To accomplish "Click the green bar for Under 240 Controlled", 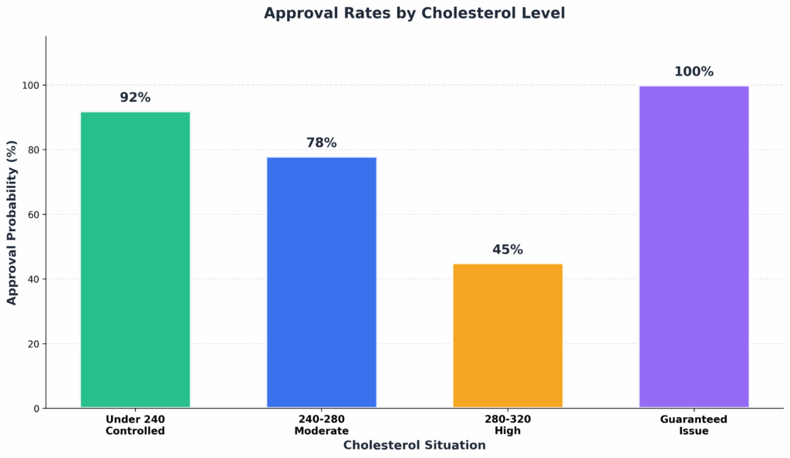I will (x=135, y=260).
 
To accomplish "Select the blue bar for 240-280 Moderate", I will (x=322, y=282).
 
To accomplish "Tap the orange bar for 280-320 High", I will (x=508, y=335).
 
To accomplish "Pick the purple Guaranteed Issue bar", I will (x=694, y=247).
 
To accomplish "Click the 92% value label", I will (x=135, y=98).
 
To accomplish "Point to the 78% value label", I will (x=322, y=143).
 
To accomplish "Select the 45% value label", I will (x=508, y=250).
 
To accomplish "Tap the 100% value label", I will (x=694, y=72).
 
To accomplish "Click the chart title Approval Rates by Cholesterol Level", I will (x=414, y=13).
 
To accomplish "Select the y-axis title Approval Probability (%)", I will (x=12, y=222).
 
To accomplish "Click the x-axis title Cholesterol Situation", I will (x=414, y=445).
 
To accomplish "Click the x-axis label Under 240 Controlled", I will (x=135, y=425).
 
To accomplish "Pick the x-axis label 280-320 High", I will (x=508, y=425).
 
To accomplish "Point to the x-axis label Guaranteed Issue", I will (x=694, y=425).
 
